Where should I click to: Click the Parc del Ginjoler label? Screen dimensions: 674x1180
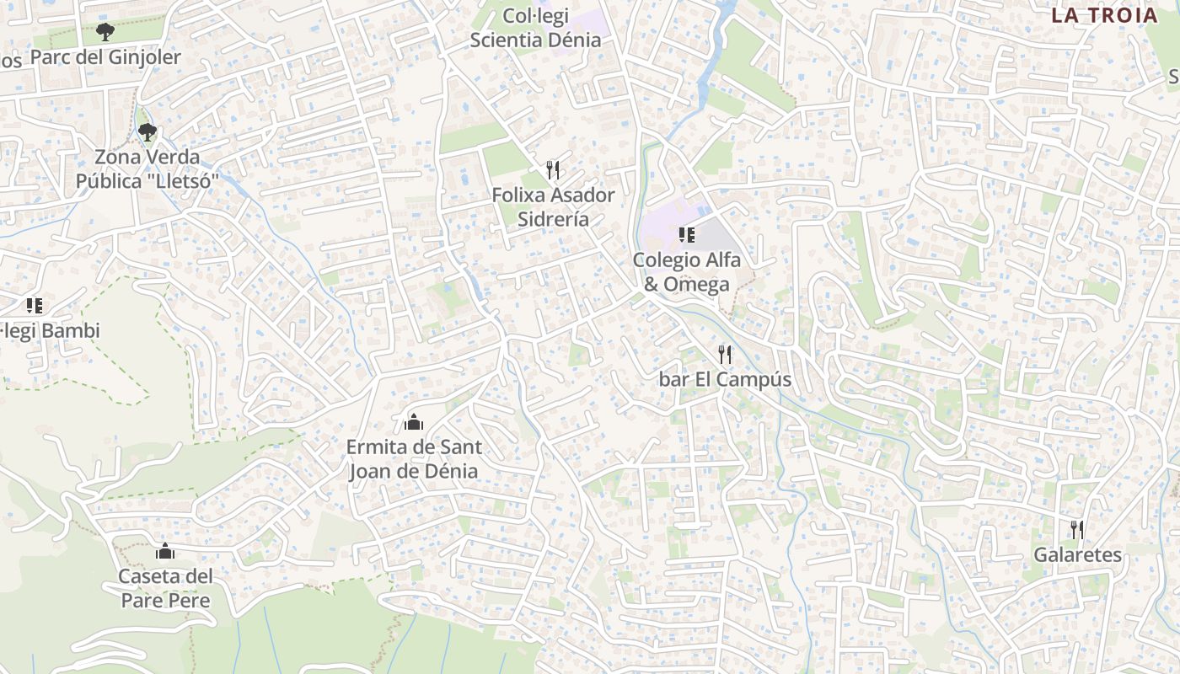point(105,57)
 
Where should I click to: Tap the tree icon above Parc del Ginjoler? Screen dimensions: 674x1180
point(105,33)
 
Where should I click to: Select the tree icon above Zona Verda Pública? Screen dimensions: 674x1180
point(147,131)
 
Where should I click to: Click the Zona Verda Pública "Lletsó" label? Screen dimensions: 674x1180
point(147,168)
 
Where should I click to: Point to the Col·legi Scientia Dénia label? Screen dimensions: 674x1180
point(536,28)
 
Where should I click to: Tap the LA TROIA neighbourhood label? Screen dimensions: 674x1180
point(1104,15)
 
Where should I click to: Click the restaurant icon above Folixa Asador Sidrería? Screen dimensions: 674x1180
point(553,170)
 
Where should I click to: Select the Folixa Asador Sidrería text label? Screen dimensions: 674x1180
point(553,206)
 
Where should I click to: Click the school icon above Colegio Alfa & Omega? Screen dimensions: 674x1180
point(686,235)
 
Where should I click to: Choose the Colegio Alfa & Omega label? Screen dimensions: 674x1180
point(687,271)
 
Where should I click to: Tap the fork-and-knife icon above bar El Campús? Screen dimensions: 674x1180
point(725,355)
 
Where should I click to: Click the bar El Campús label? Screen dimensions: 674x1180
point(725,379)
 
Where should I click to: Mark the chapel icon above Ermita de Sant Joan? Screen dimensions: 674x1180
point(413,421)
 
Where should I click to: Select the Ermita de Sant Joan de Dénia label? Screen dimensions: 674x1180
point(413,458)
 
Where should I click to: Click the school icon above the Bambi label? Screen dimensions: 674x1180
point(34,306)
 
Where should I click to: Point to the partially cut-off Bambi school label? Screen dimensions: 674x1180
point(51,331)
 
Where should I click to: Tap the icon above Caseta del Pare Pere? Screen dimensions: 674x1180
point(165,552)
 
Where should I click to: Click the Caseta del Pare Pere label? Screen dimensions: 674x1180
point(165,588)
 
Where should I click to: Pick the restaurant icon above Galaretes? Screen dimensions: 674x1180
point(1077,530)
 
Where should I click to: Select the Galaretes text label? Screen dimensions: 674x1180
point(1078,555)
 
